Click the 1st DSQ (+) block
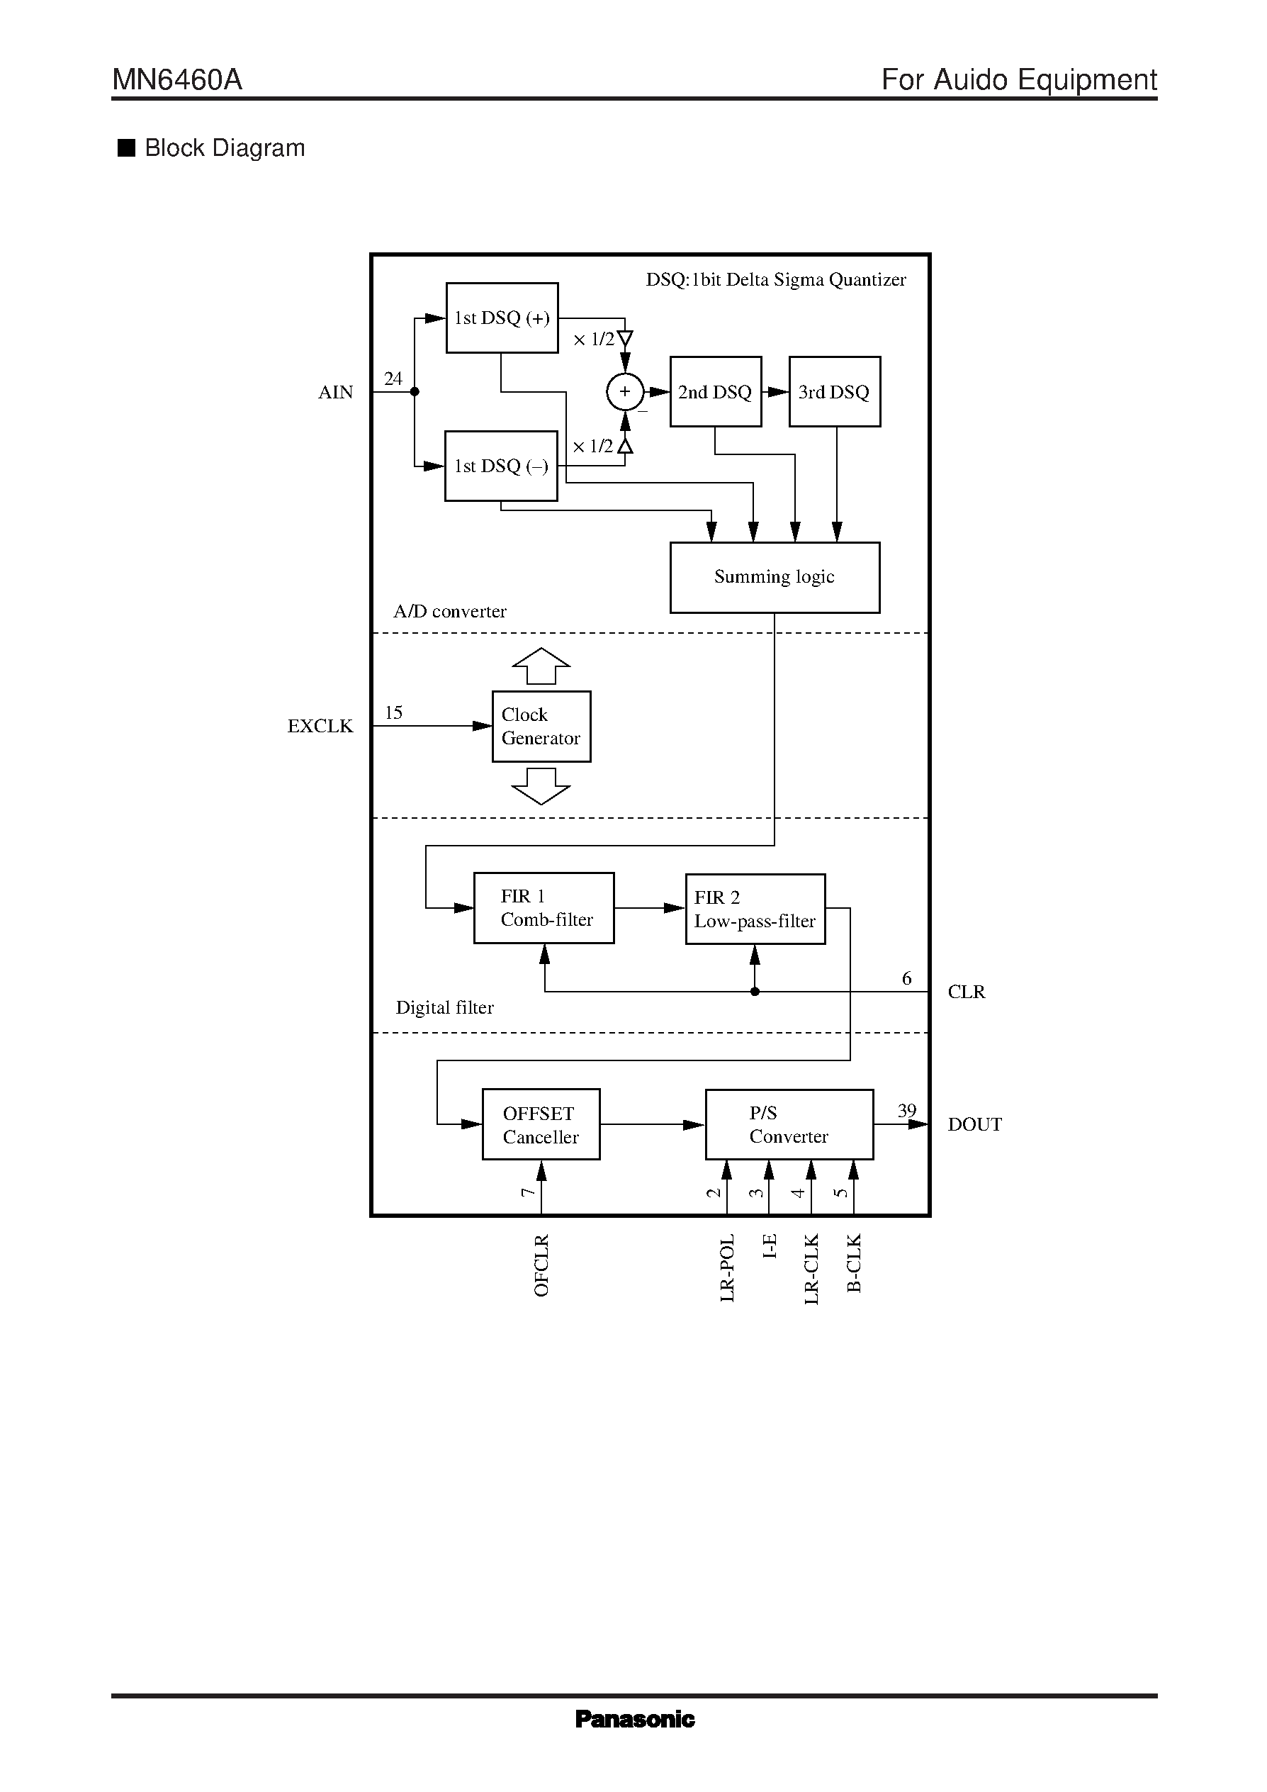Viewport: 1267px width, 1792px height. click(502, 318)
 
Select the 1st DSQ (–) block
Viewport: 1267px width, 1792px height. click(501, 466)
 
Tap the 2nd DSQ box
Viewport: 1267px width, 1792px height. click(716, 392)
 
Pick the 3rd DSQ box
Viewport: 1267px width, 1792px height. click(834, 392)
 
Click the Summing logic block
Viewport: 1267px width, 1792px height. click(774, 578)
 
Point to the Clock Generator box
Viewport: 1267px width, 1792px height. click(541, 726)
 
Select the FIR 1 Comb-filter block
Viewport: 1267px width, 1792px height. click(544, 908)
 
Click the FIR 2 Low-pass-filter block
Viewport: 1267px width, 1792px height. click(755, 909)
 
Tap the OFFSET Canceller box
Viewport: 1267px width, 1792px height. click(541, 1124)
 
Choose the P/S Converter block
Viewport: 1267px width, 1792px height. click(789, 1124)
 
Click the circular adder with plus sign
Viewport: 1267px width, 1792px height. click(625, 392)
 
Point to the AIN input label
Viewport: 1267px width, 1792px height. click(335, 393)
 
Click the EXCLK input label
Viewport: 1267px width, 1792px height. click(320, 727)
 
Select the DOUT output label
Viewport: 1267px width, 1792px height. click(974, 1125)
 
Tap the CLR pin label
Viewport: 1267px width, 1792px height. click(966, 992)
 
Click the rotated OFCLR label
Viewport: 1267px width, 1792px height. click(541, 1265)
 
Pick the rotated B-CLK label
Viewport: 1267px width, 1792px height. click(853, 1262)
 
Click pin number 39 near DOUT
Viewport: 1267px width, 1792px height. click(906, 1110)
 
